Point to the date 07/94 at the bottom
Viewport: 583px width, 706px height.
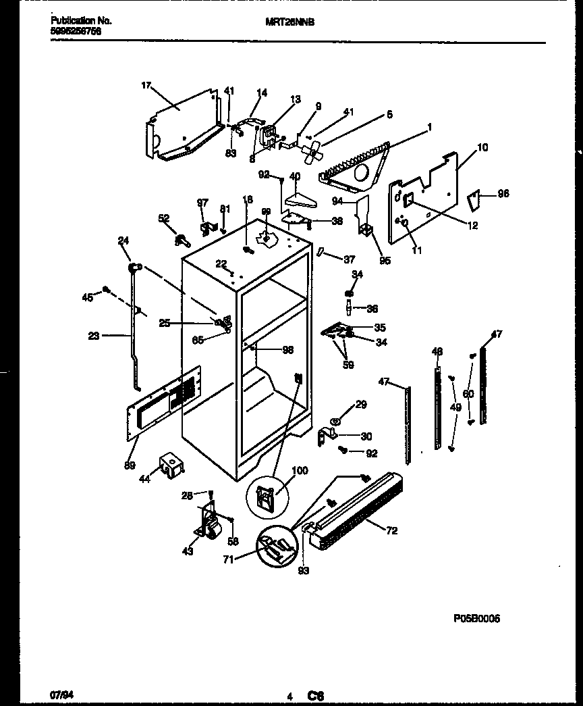61,694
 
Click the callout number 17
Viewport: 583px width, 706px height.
145,86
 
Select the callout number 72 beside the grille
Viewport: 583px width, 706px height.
391,531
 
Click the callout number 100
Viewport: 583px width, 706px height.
299,470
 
